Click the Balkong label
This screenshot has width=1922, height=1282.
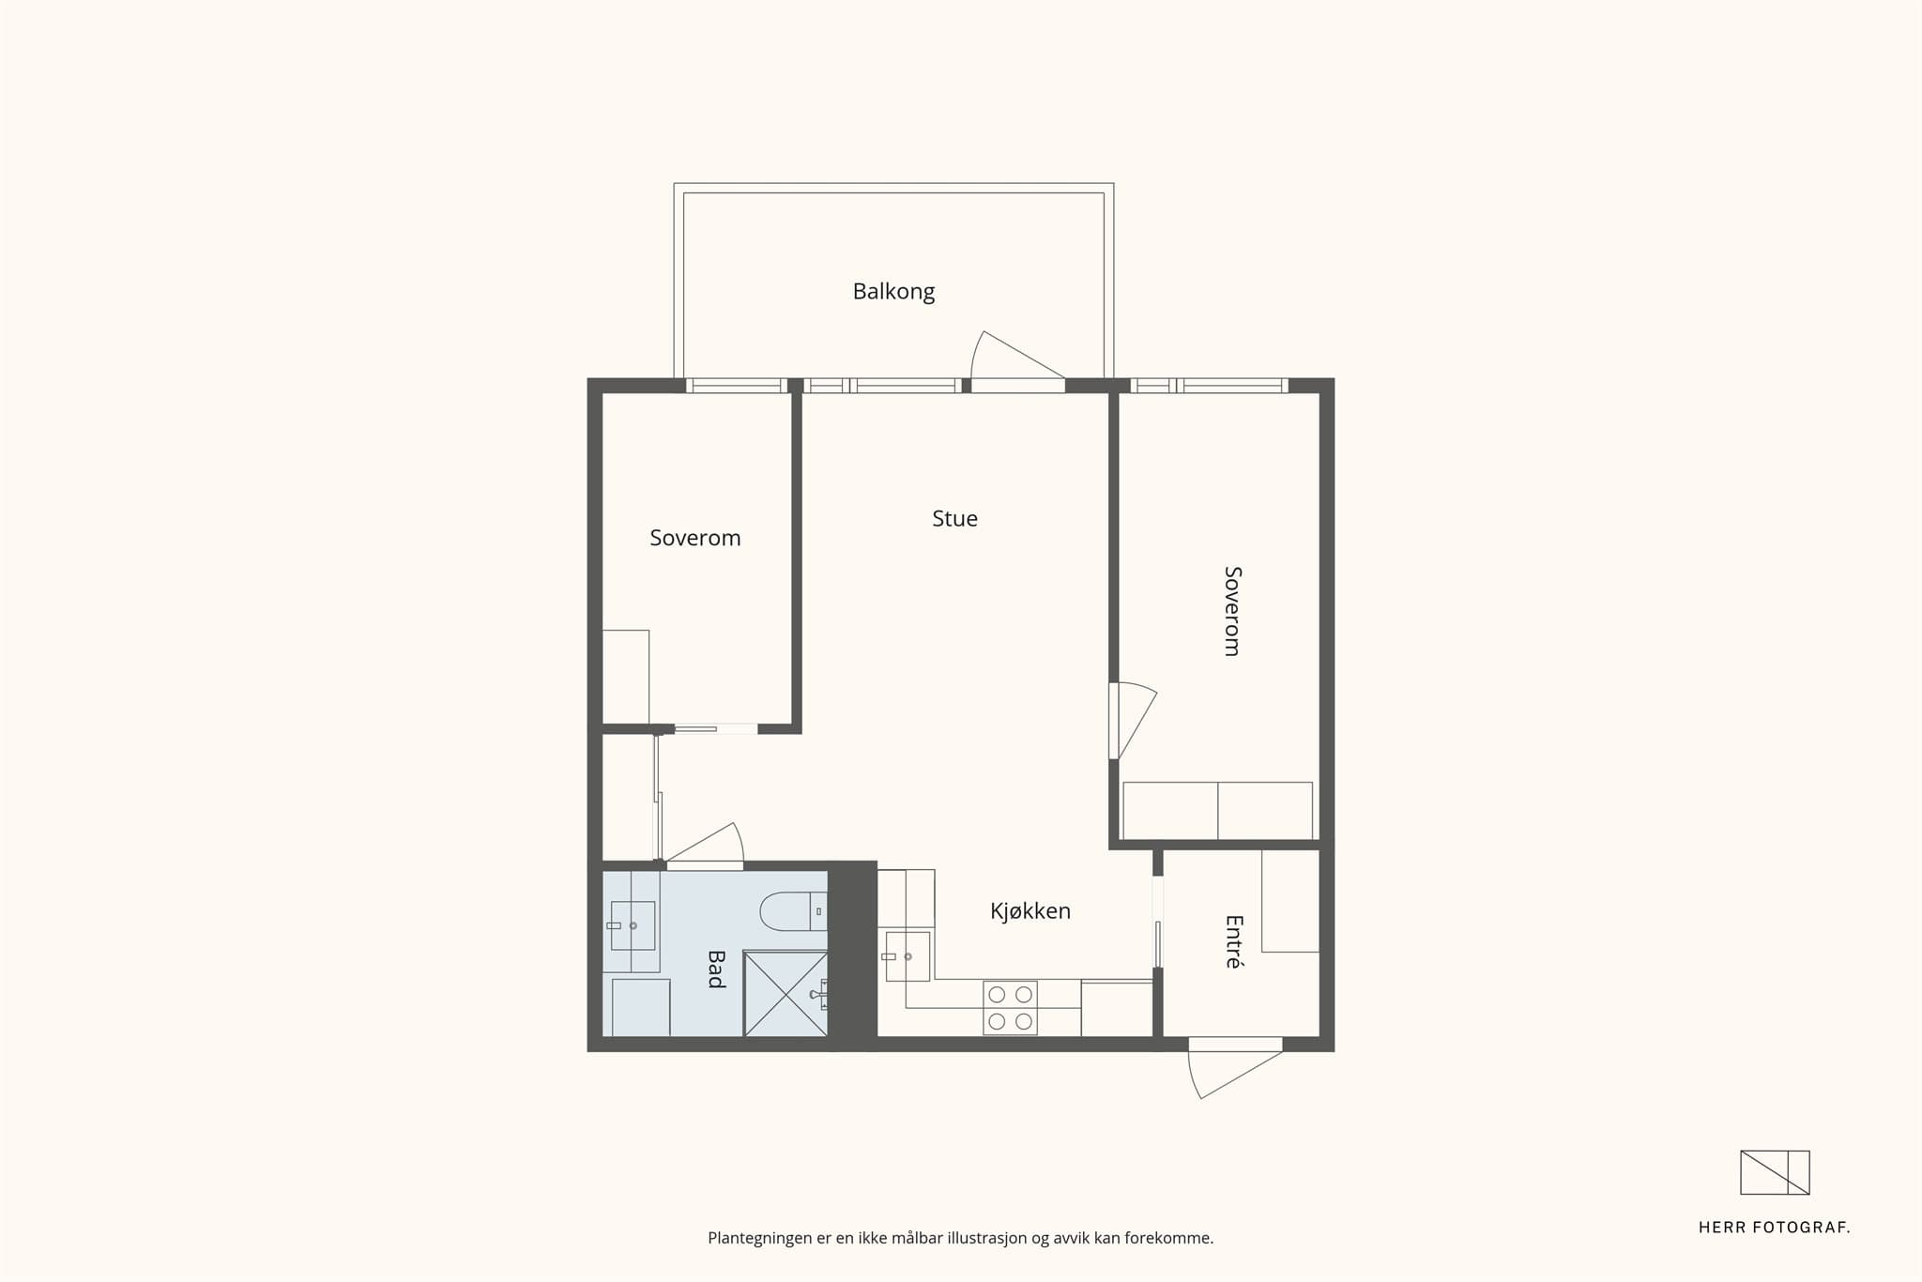(893, 292)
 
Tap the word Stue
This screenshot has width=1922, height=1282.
(954, 519)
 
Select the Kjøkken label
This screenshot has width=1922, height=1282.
(1030, 911)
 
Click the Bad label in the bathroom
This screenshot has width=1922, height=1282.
(716, 969)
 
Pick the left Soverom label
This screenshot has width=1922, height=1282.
(695, 538)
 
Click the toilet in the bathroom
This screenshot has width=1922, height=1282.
(793, 911)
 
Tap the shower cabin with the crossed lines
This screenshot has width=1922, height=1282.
(786, 994)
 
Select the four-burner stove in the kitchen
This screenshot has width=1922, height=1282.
(1010, 1008)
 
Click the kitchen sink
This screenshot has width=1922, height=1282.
(908, 956)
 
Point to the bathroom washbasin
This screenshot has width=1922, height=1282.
(633, 925)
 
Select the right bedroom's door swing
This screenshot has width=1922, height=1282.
(1133, 721)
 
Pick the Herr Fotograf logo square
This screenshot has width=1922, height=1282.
(1775, 1172)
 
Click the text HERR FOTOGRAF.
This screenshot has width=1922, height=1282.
(1775, 1228)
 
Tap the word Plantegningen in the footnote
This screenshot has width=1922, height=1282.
(760, 1239)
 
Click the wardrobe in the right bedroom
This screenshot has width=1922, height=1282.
(1217, 811)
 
